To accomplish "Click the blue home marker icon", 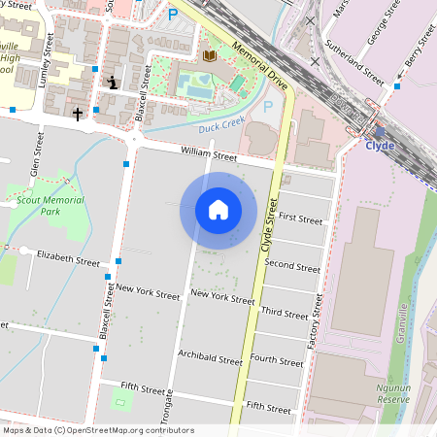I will (x=218, y=210).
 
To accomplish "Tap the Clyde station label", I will (x=380, y=146).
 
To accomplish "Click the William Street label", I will (x=209, y=154).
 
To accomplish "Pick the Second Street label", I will (x=291, y=265).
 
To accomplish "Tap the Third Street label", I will (x=285, y=313).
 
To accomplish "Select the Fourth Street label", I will (x=278, y=359).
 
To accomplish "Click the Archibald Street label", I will (x=210, y=359).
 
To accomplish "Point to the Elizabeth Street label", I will (x=68, y=260).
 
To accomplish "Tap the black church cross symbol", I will (x=78, y=115).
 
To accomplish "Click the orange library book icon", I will (x=209, y=56).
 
